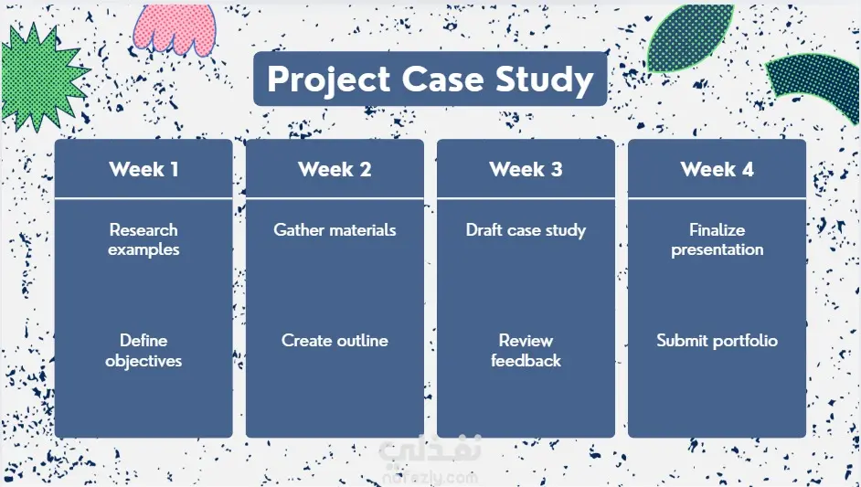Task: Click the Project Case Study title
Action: point(430,79)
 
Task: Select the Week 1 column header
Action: point(143,169)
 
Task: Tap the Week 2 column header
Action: point(335,169)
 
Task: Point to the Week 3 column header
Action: point(526,169)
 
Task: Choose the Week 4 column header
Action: point(717,169)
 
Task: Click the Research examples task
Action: point(143,239)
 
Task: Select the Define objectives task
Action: point(143,350)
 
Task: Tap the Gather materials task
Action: point(335,229)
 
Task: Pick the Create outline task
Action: point(335,341)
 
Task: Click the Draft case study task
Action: point(526,230)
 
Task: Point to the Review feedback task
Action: point(526,350)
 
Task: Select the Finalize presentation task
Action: point(717,239)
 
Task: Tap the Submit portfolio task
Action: point(717,341)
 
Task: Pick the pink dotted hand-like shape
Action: point(175,27)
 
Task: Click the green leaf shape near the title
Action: point(689,37)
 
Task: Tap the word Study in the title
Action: point(545,80)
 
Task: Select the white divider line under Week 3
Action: point(526,197)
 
